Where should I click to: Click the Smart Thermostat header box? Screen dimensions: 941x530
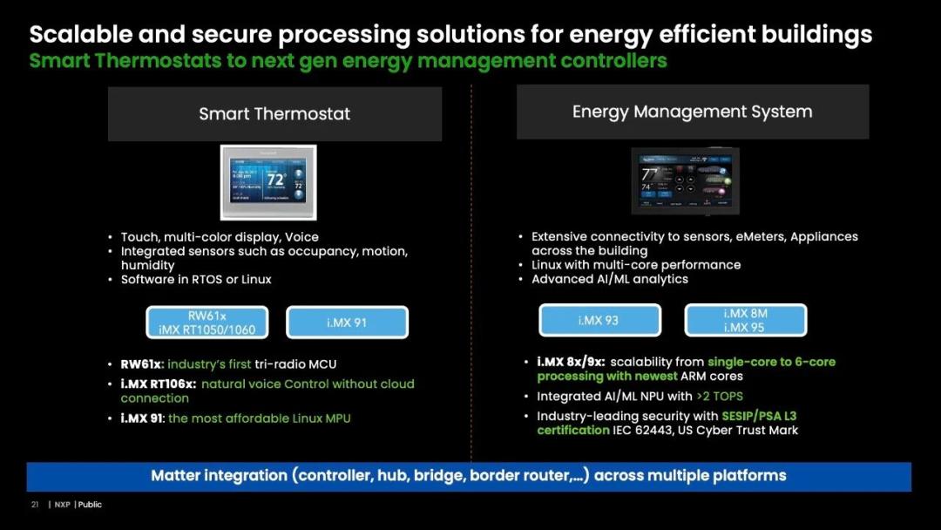point(274,114)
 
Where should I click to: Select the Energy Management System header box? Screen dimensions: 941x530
point(693,112)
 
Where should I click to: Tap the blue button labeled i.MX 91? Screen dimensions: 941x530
point(347,323)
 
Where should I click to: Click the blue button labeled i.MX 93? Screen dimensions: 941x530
point(599,320)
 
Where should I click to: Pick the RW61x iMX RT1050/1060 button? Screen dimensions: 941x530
point(207,323)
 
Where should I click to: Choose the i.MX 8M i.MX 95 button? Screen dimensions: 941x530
point(745,320)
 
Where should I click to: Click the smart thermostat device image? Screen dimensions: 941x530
point(268,182)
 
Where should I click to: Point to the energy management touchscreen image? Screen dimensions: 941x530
point(686,181)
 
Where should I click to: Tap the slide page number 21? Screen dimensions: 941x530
point(35,505)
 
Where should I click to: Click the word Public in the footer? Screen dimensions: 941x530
point(90,505)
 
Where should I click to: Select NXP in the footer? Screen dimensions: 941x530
point(63,505)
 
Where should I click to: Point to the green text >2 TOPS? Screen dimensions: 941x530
point(720,396)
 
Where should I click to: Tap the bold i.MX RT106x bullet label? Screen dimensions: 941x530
point(158,384)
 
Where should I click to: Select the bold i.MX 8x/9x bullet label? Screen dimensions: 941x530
point(571,362)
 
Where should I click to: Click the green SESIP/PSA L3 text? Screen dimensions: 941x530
point(759,416)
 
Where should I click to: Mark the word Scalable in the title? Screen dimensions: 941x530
point(81,34)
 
